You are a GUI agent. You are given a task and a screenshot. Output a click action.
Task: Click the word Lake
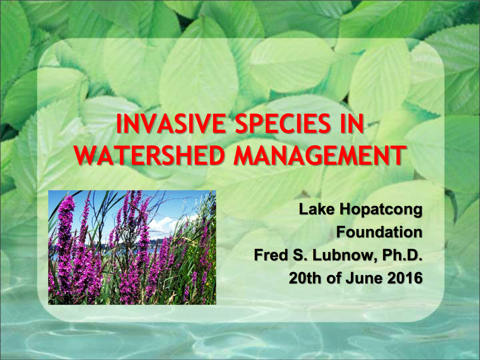[x=316, y=210]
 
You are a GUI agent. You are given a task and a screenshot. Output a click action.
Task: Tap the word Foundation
[x=379, y=232]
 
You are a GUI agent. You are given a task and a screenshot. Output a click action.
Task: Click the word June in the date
[x=363, y=278]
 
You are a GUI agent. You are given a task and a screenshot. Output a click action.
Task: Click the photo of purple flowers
[x=132, y=248]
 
